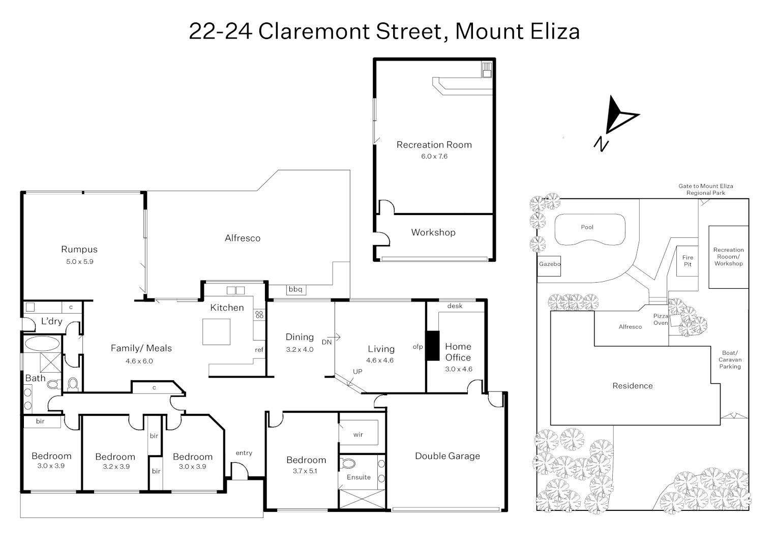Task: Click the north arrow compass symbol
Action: (617, 120)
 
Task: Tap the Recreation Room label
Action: (434, 145)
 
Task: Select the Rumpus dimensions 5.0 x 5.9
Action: (79, 262)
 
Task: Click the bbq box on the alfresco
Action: (295, 290)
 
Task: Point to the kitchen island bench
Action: (216, 331)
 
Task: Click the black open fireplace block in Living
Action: (432, 346)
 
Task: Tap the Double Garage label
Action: (447, 456)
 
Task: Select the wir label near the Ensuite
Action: (358, 435)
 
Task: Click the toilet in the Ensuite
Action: (348, 464)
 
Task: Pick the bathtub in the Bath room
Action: (42, 343)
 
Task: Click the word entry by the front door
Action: (244, 453)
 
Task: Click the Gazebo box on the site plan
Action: (549, 264)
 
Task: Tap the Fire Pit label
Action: (688, 261)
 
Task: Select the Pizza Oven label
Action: (661, 319)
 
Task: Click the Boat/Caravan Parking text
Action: (730, 359)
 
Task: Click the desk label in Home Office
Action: (455, 306)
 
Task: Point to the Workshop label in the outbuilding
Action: (433, 232)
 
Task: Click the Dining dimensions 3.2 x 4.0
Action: (300, 350)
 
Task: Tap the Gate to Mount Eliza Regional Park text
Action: (705, 190)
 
